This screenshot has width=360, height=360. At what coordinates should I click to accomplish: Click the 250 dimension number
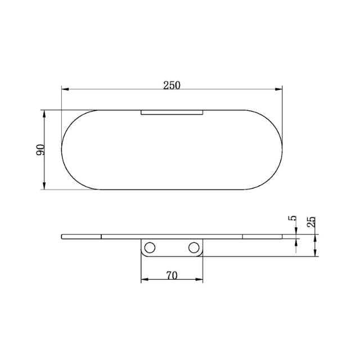tap(171, 85)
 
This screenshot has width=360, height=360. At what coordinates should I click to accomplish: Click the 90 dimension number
tap(40, 150)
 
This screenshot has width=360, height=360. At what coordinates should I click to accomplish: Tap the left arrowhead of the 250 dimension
tap(64, 89)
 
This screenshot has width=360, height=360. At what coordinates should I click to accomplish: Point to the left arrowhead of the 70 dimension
tap(143, 280)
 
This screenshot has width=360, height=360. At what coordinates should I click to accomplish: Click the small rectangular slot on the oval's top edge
tap(171, 112)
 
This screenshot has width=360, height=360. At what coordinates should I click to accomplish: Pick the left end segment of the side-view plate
tap(82, 236)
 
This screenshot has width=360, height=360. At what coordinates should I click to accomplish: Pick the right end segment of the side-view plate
tap(262, 236)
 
